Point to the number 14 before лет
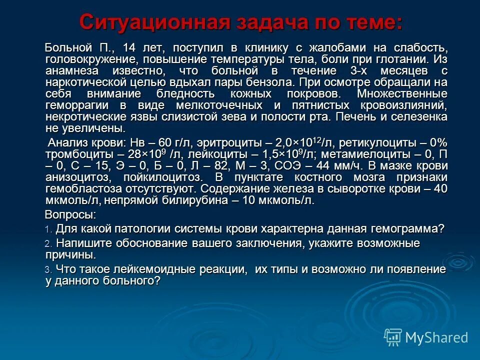coord(128,48)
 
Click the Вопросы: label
coord(70,215)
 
